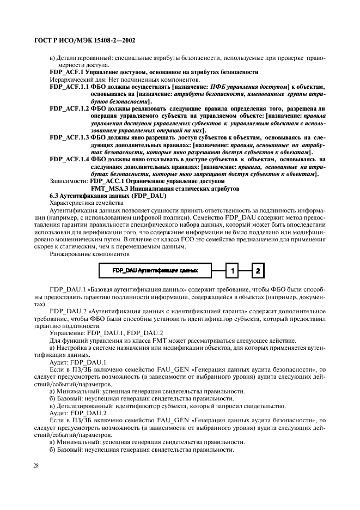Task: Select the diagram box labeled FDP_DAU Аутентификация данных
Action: (x=154, y=270)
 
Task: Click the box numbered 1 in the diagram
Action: (x=231, y=270)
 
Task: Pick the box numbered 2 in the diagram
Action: (x=258, y=270)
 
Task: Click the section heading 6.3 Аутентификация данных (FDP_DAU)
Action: (x=107, y=196)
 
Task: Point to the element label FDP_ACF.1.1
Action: (x=69, y=87)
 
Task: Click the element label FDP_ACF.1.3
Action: (x=69, y=138)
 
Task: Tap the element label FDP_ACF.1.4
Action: (x=69, y=159)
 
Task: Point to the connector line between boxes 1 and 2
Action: (x=245, y=270)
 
